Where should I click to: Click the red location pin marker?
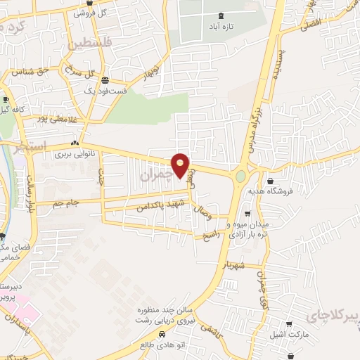(181, 167)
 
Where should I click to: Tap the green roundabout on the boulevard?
(241, 176)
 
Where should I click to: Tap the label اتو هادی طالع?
(157, 345)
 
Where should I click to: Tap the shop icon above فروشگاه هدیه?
(271, 181)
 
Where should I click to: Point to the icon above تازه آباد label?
(222, 15)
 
